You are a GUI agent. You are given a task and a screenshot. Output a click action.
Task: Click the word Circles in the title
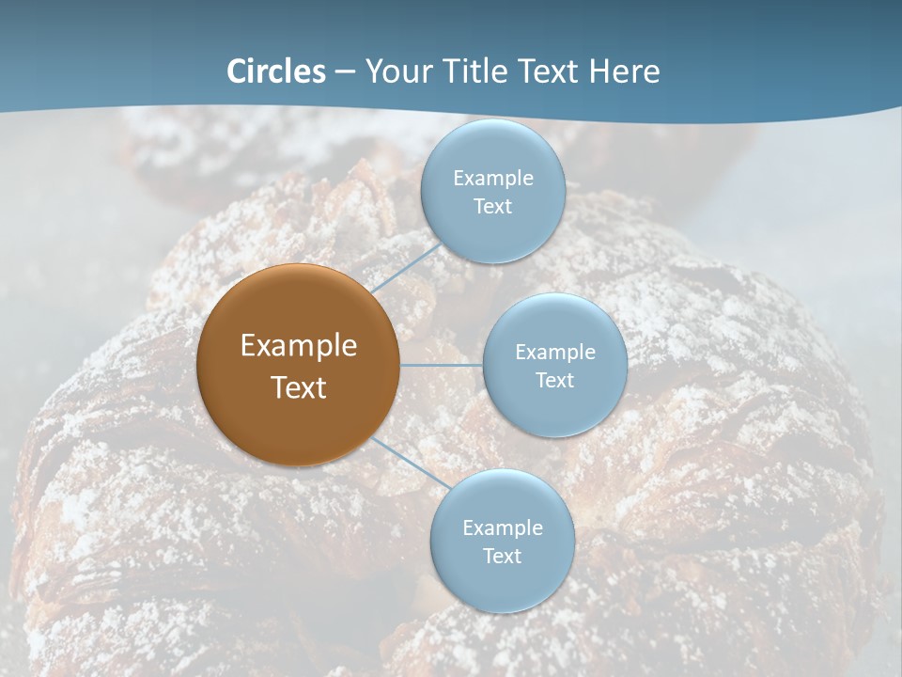276,71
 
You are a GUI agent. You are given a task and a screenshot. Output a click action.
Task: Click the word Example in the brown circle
298,346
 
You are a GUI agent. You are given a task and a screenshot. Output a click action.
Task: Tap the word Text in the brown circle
298,387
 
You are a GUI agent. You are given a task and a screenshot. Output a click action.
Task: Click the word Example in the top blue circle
492,178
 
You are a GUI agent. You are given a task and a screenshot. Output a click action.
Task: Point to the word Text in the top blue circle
492,206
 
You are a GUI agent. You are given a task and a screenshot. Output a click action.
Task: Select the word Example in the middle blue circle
554,352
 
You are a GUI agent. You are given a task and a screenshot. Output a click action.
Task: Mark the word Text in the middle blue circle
554,380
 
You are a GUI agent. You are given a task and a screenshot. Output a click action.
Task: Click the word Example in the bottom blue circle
502,527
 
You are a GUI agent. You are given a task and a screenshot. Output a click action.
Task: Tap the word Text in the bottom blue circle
502,556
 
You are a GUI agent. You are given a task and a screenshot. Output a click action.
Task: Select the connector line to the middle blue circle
442,365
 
